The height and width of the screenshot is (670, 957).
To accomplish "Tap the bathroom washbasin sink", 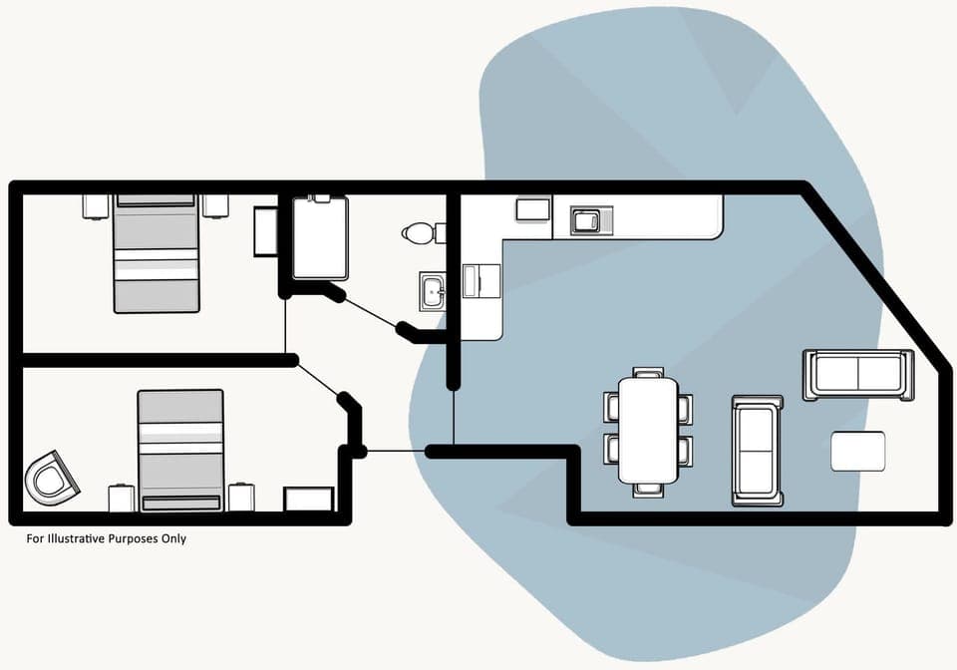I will (433, 290).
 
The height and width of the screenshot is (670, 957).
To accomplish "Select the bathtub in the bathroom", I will (320, 238).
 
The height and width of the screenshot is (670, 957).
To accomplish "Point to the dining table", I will (648, 430).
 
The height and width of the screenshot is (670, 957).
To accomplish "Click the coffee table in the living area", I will (858, 451).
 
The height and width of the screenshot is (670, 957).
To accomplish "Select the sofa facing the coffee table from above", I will (858, 374).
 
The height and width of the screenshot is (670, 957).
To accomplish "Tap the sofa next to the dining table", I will (758, 450).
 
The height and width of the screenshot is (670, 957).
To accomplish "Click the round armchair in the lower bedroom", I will (52, 478).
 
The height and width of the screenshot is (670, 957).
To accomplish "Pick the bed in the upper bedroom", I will (157, 253).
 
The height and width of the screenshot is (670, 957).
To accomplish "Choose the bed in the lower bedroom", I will (180, 450).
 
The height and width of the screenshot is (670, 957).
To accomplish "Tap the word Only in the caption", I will (173, 539).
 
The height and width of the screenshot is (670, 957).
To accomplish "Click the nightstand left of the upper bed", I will (95, 205).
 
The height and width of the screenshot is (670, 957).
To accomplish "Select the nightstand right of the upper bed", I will (215, 205).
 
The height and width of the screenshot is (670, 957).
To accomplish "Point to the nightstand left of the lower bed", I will (122, 498).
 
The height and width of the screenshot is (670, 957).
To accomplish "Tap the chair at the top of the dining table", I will (648, 372).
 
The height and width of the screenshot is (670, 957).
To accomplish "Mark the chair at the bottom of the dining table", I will (648, 490).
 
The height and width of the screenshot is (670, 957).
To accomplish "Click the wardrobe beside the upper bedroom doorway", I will (265, 231).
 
